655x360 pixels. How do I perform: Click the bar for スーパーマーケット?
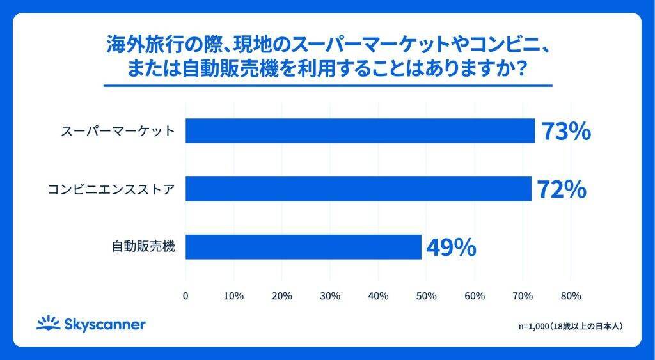(x=360, y=131)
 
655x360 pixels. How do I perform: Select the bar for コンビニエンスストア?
(x=358, y=189)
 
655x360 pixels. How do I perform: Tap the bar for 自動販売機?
(x=303, y=247)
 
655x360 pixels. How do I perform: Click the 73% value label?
(x=565, y=132)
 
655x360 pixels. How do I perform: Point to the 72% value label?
(x=562, y=190)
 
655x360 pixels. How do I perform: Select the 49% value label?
(x=451, y=247)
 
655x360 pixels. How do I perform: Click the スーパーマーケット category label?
(x=118, y=132)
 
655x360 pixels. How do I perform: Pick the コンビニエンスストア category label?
(x=112, y=190)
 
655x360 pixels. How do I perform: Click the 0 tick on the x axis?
(x=185, y=296)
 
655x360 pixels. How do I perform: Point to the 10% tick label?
(x=233, y=296)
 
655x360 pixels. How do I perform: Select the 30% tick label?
(x=330, y=296)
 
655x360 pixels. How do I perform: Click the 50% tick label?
(x=427, y=296)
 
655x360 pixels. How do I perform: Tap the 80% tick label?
(x=571, y=296)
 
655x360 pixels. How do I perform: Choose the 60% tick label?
(x=475, y=296)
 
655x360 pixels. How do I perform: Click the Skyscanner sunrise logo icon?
(x=48, y=324)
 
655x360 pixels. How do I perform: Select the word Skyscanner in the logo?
(x=104, y=325)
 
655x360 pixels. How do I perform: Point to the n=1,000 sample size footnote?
(x=571, y=326)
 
